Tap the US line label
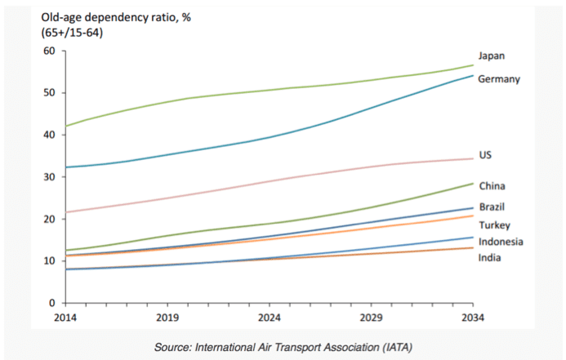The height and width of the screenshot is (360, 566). pyautogui.click(x=485, y=155)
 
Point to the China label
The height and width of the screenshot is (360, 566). pyautogui.click(x=492, y=186)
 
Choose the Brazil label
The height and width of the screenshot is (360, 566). pyautogui.click(x=492, y=207)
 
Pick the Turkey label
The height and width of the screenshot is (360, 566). pyautogui.click(x=493, y=224)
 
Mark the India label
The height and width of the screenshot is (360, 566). pyautogui.click(x=489, y=258)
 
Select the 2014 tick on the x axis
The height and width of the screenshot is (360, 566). pyautogui.click(x=65, y=317)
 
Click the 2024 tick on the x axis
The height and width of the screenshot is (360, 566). pyautogui.click(x=269, y=317)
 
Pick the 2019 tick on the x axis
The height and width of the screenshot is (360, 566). pyautogui.click(x=167, y=317)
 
